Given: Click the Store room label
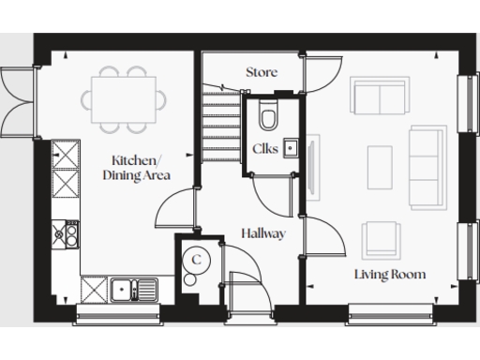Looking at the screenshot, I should [x=262, y=71].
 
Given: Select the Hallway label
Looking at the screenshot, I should [x=262, y=232].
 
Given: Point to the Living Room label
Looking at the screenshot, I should [x=390, y=275].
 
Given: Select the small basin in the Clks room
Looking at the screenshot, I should [x=291, y=147].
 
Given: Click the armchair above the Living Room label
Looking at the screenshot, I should [x=382, y=237].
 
